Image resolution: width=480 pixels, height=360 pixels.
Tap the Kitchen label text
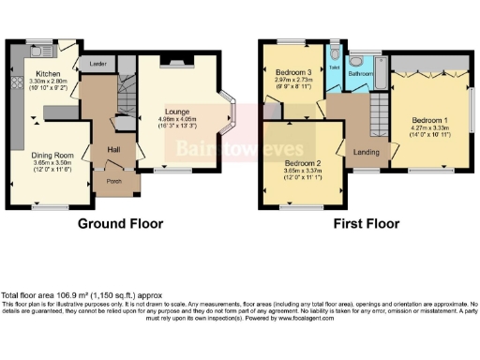point(48,73)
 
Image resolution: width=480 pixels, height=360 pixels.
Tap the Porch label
point(113,182)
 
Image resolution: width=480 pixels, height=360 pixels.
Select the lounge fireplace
point(175,64)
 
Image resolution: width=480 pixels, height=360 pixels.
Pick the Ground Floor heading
point(120,224)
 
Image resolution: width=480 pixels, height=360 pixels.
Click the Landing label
point(365,151)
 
